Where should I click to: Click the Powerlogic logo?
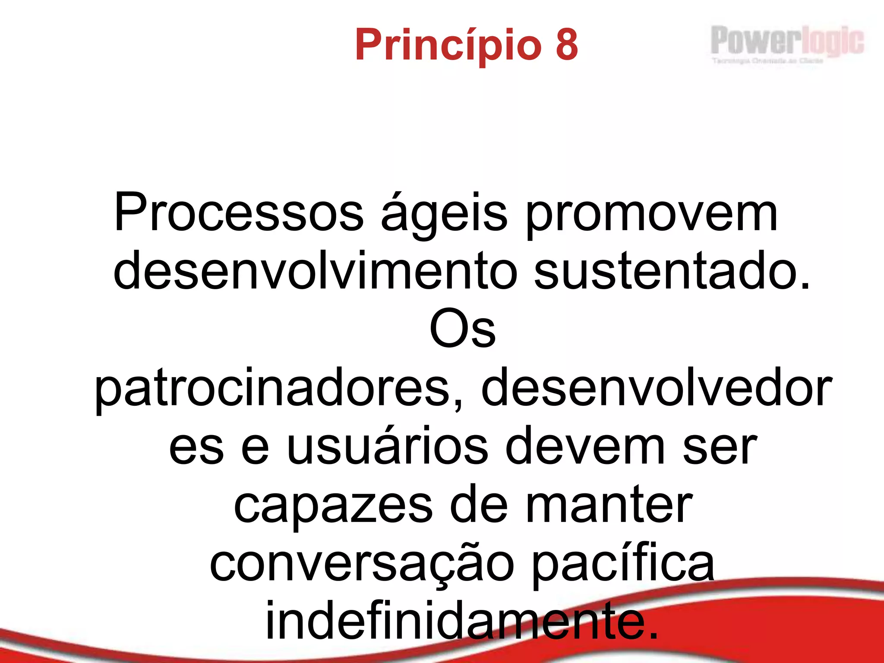(x=786, y=41)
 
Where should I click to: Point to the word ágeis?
(x=444, y=214)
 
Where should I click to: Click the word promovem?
(x=651, y=214)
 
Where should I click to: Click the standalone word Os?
(x=462, y=329)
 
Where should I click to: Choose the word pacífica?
(x=623, y=563)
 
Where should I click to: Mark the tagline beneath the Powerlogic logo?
(x=767, y=61)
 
